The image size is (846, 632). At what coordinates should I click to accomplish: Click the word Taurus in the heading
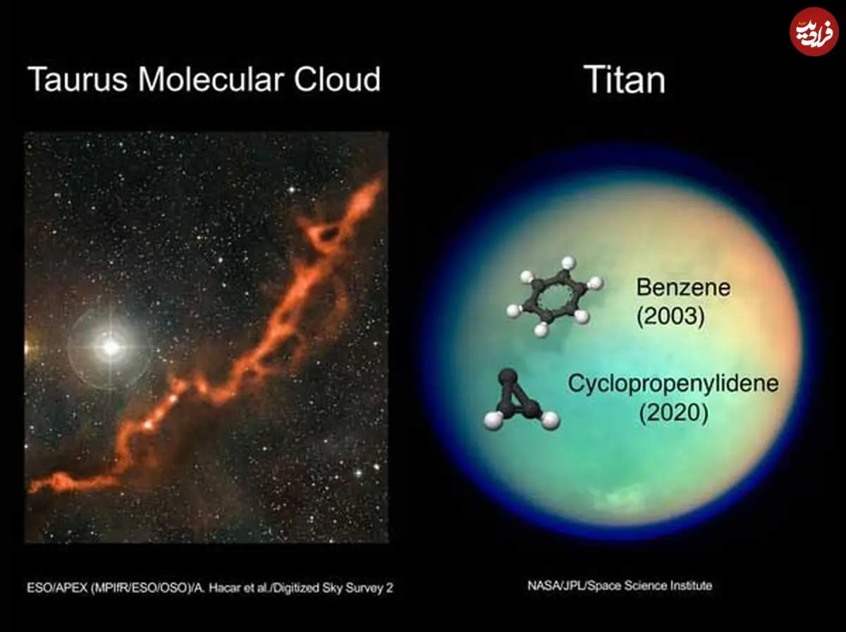click(x=78, y=79)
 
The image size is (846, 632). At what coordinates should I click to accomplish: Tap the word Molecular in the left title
click(x=210, y=79)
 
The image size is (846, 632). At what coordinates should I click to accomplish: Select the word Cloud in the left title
click(x=337, y=79)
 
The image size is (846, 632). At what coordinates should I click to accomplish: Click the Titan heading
click(x=625, y=80)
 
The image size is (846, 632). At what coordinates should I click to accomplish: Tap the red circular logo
click(x=814, y=32)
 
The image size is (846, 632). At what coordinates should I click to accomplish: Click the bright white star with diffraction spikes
click(x=111, y=348)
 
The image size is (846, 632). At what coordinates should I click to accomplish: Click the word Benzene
click(x=683, y=287)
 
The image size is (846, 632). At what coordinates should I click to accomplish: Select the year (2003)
click(x=670, y=316)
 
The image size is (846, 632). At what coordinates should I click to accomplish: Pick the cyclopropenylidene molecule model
click(x=521, y=401)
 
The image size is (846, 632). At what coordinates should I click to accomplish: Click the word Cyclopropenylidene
click(x=673, y=384)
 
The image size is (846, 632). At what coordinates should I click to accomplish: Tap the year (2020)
click(x=674, y=413)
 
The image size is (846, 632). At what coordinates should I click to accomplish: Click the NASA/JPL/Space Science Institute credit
click(x=620, y=585)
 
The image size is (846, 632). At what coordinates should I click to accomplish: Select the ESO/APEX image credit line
click(x=210, y=588)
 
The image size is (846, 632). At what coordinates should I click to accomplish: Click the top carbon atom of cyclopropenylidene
click(x=508, y=378)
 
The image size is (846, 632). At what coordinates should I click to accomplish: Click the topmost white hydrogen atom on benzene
click(x=568, y=264)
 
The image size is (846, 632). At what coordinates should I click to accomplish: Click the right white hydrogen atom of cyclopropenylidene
click(x=550, y=420)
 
